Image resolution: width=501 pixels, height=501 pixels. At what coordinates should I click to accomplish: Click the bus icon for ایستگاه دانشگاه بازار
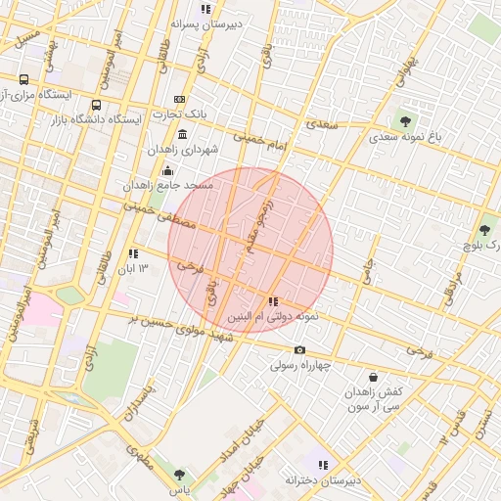96,105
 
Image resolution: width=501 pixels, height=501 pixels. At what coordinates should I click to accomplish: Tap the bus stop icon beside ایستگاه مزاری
23,79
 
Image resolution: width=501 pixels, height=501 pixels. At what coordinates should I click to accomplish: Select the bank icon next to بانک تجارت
179,99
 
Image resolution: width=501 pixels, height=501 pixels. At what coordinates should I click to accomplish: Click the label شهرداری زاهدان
180,150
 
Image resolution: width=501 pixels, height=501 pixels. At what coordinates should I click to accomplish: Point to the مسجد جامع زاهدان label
162,185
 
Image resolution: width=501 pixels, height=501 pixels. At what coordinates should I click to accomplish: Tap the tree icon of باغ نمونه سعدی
405,121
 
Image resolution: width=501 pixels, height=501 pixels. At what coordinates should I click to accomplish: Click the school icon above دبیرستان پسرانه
205,9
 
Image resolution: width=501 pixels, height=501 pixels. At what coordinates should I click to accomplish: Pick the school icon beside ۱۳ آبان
133,253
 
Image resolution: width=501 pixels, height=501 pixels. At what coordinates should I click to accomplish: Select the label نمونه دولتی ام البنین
274,318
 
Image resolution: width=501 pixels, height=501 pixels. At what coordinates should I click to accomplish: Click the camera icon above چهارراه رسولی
299,350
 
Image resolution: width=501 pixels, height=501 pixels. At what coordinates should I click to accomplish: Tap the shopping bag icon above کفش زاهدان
373,376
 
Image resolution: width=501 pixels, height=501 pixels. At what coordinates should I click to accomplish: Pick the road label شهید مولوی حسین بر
186,330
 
